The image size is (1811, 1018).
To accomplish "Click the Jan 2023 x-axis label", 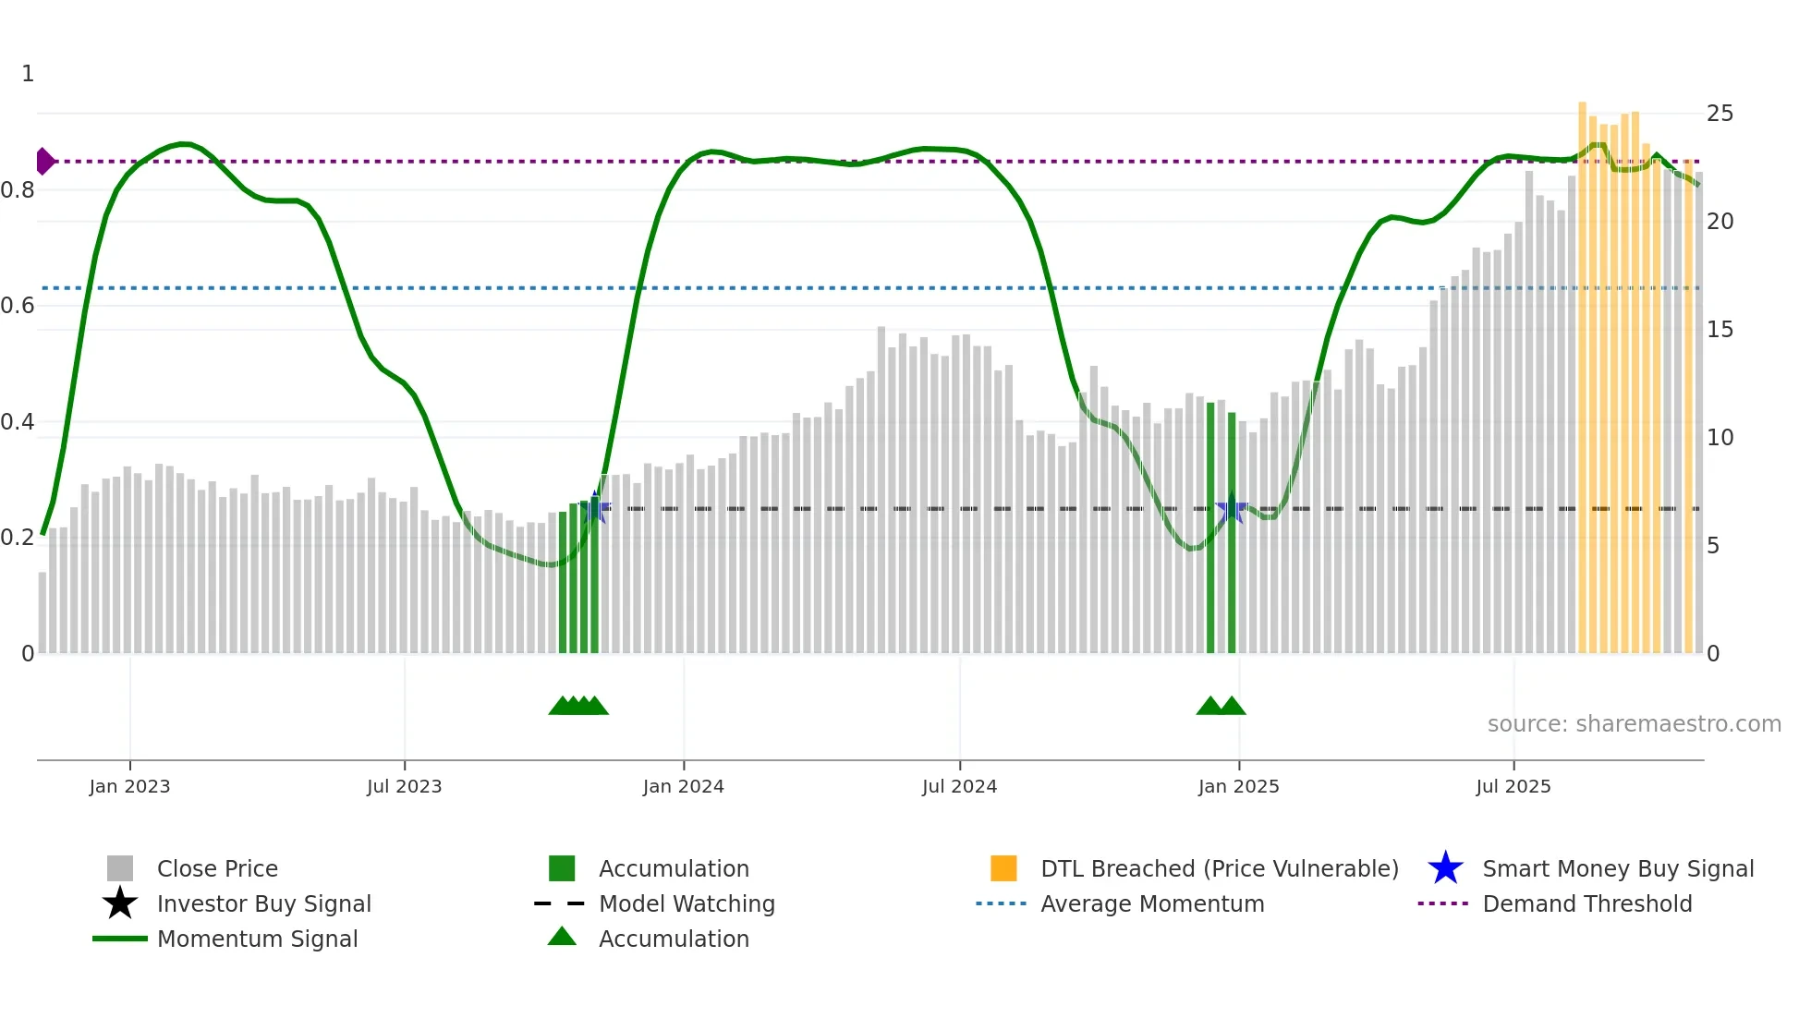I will tap(129, 786).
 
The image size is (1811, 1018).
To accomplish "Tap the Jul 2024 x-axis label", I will tap(959, 786).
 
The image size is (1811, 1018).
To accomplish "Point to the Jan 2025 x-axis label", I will tap(1238, 786).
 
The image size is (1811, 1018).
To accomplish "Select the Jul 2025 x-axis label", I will tap(1513, 786).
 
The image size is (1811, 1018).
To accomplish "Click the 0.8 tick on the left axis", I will tap(18, 190).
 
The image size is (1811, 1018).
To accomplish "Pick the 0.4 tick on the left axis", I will tap(18, 422).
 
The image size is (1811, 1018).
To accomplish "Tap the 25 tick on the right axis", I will tap(1720, 114).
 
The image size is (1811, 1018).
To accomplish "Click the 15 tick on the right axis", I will tap(1720, 330).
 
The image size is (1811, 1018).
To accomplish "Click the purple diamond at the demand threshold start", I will tap(44, 162).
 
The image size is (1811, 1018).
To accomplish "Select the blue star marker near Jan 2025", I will tap(1231, 509).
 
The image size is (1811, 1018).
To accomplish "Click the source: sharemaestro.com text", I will tap(1634, 724).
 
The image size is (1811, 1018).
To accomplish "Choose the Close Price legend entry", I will tap(216, 868).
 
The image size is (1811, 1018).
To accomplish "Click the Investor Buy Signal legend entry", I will tap(263, 903).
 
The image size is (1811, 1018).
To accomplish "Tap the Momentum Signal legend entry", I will tap(257, 939).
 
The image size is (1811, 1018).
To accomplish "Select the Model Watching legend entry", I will tap(687, 903).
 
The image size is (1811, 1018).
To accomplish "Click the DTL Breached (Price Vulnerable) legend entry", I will tap(1219, 868).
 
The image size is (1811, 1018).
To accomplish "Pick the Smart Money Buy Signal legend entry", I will tap(1617, 868).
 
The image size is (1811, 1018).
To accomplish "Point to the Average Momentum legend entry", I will tap(1151, 903).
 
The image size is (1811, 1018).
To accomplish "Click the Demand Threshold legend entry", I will tap(1586, 903).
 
